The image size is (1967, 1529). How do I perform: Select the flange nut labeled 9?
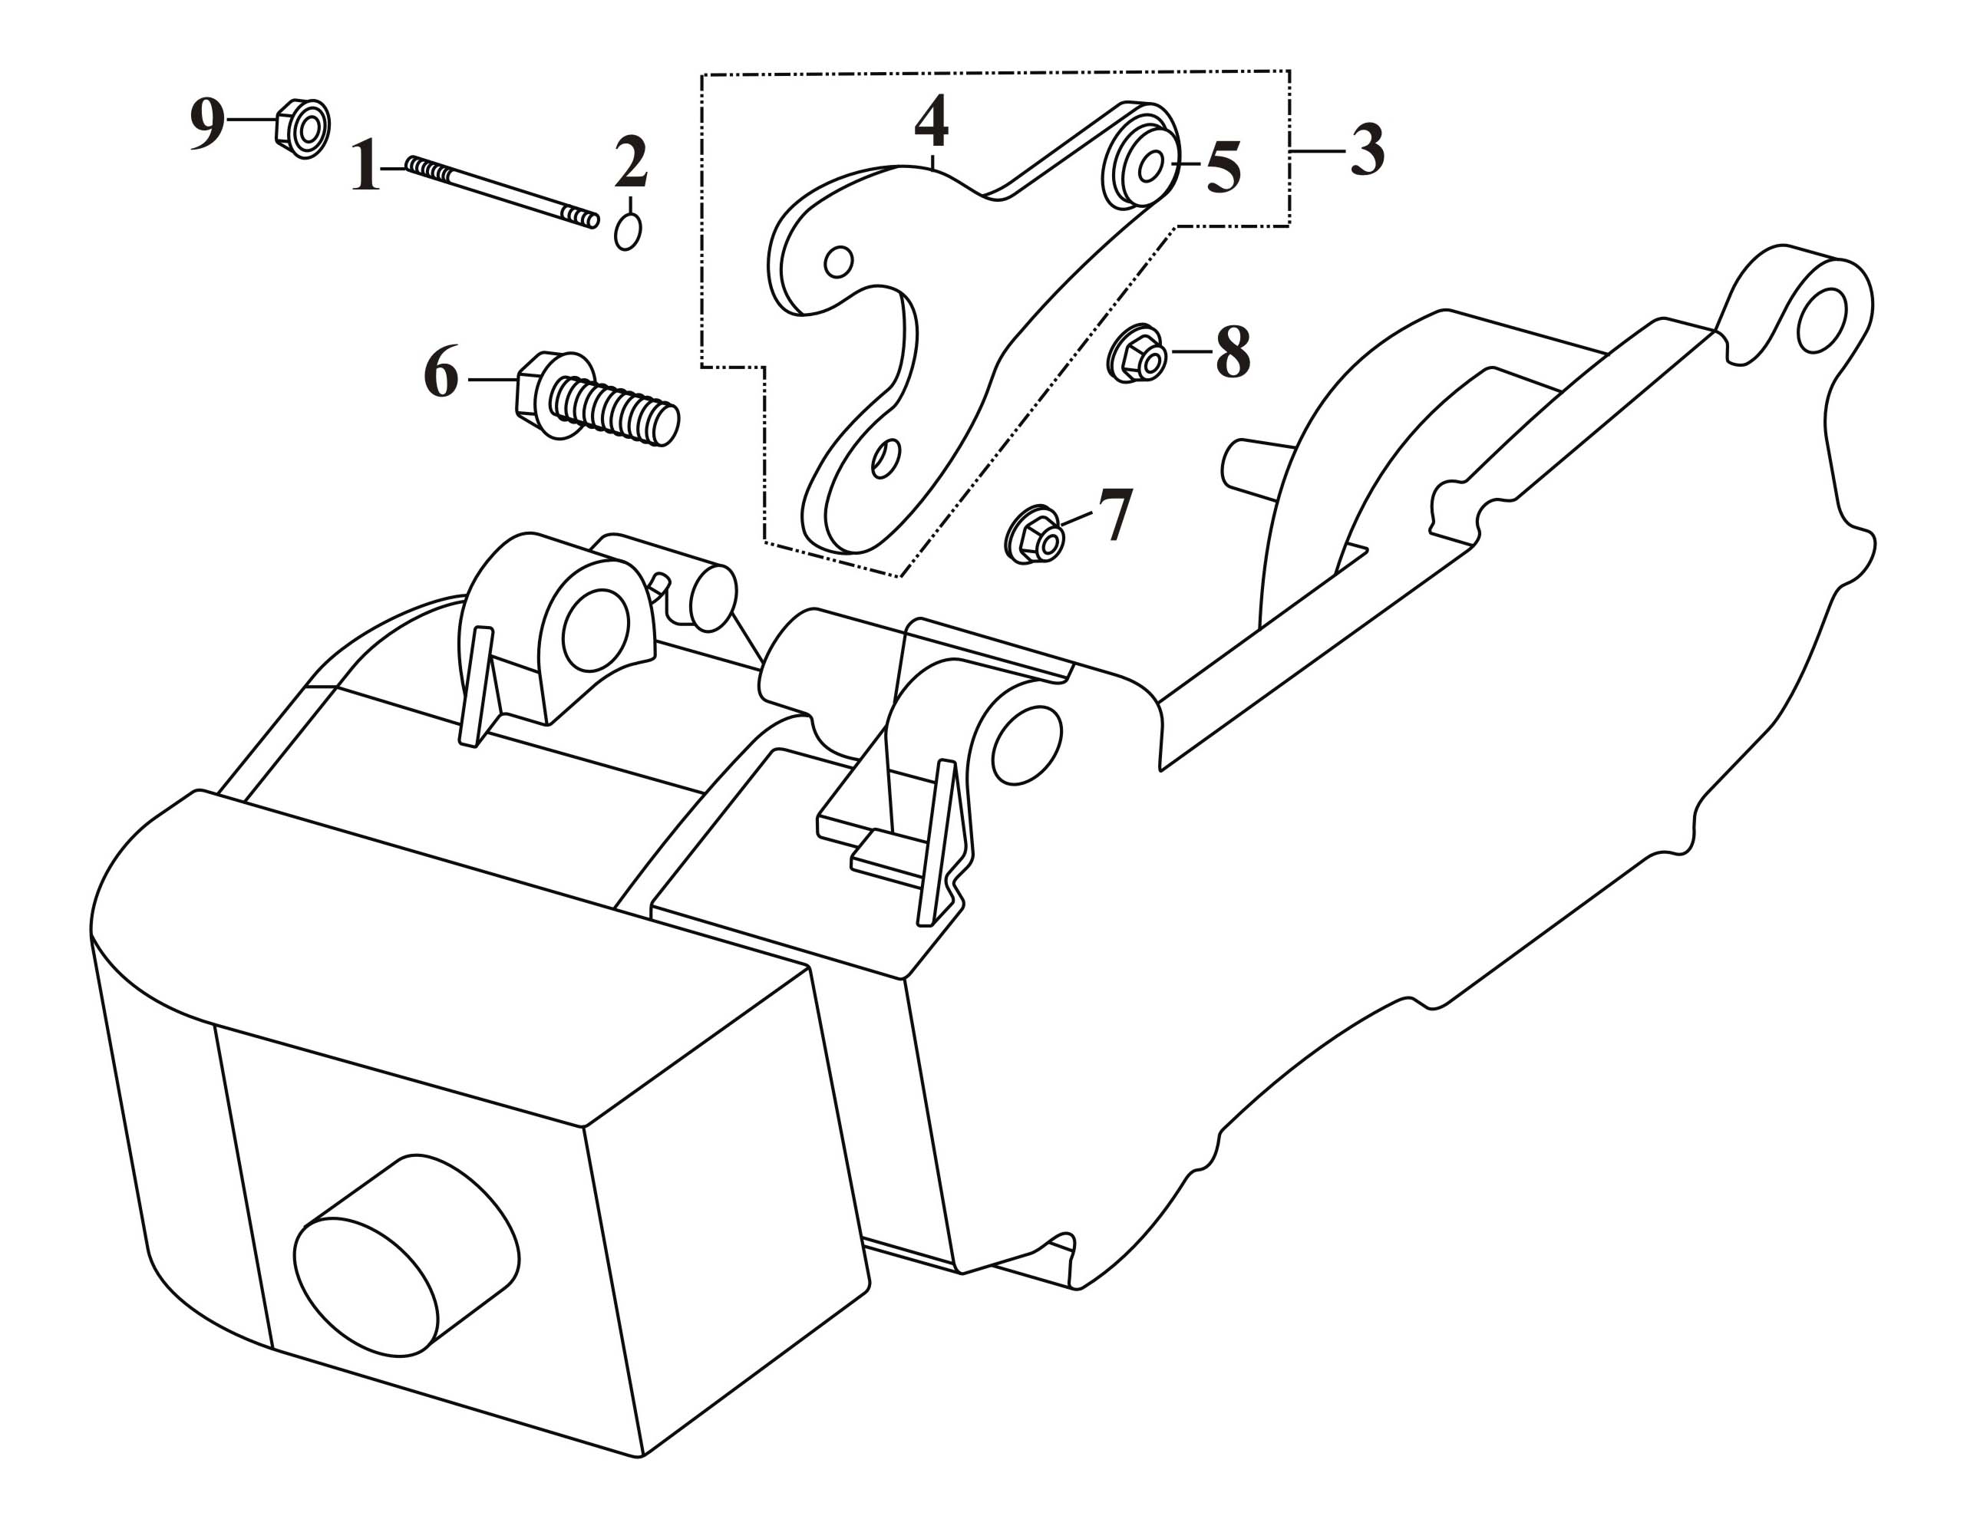(302, 129)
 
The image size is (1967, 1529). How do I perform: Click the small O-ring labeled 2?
(628, 232)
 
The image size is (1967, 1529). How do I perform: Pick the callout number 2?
(632, 161)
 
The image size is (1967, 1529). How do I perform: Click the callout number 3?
(1366, 151)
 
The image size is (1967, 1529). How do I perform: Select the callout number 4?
(931, 123)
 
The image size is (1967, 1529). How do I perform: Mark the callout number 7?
(1113, 516)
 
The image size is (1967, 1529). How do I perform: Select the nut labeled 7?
(1035, 535)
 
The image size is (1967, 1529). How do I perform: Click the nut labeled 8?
(1137, 354)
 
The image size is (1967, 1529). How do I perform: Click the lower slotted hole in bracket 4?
(886, 458)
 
